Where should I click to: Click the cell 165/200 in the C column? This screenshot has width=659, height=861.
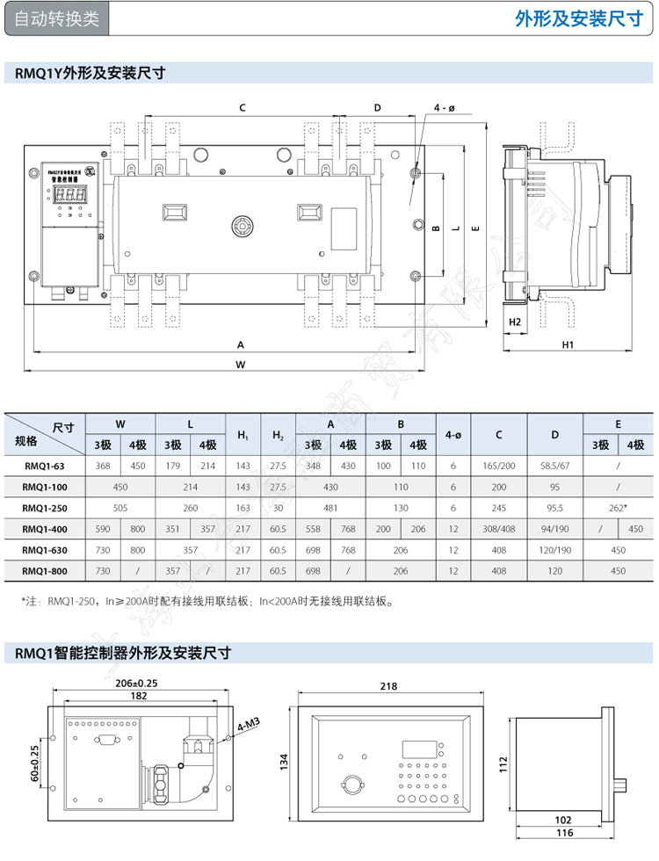pyautogui.click(x=499, y=465)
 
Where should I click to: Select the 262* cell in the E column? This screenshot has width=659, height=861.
pyautogui.click(x=619, y=507)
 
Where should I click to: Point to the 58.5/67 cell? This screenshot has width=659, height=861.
pyautogui.click(x=555, y=465)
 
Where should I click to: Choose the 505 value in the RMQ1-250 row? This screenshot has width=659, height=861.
pyautogui.click(x=120, y=507)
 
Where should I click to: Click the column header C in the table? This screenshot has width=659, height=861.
pyautogui.click(x=499, y=434)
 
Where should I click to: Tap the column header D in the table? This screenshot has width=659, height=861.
pyautogui.click(x=555, y=434)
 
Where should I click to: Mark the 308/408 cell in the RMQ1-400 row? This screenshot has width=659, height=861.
pyautogui.click(x=499, y=528)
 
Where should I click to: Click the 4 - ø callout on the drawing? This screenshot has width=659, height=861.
pyautogui.click(x=445, y=108)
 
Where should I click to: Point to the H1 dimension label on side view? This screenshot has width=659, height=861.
pyautogui.click(x=568, y=344)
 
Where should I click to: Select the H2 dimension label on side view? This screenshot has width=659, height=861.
pyautogui.click(x=516, y=322)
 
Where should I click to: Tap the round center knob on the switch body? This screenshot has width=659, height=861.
pyautogui.click(x=239, y=226)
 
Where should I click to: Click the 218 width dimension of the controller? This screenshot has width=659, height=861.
pyautogui.click(x=388, y=685)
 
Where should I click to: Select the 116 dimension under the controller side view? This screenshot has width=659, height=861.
pyautogui.click(x=565, y=832)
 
